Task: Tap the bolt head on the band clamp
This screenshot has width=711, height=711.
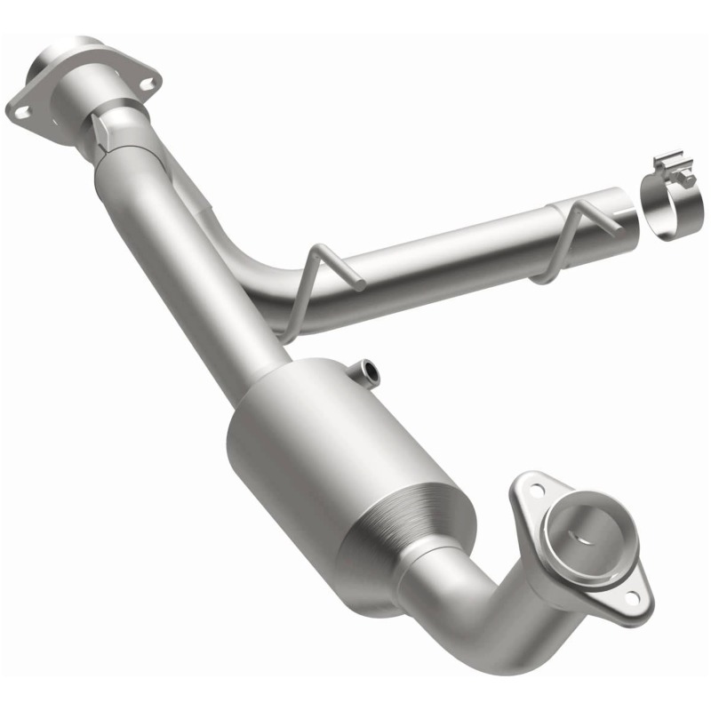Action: (x=687, y=179)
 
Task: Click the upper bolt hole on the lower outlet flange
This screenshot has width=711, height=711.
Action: (x=535, y=488)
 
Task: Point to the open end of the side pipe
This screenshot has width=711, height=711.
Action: (x=627, y=212)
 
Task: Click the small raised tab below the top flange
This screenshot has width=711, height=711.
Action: (x=106, y=134)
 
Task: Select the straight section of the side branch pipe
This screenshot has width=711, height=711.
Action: (x=462, y=253)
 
